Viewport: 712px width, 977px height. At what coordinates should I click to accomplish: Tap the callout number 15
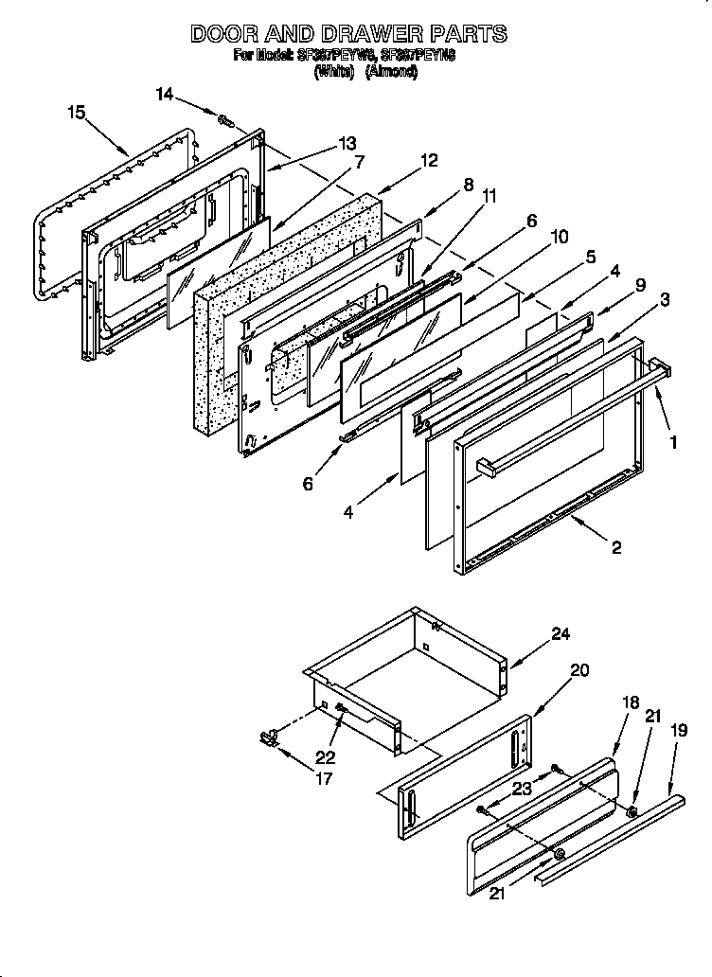pos(77,113)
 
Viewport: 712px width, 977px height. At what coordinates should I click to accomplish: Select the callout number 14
pos(165,94)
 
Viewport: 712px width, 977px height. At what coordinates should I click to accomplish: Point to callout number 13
pos(347,144)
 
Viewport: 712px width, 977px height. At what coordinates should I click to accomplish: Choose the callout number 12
pos(428,160)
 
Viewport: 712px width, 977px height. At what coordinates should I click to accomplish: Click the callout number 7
pos(359,162)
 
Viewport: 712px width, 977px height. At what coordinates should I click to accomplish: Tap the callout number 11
pos(489,196)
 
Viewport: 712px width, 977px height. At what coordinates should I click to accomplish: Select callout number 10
pos(560,237)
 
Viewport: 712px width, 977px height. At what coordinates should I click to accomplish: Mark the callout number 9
pos(640,282)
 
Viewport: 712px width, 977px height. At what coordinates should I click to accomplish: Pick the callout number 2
pos(616,547)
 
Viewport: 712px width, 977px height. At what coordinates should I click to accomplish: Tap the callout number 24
pos(561,634)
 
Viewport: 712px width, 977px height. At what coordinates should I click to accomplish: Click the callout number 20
pos(579,670)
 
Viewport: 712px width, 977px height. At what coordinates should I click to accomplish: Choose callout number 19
pos(678,730)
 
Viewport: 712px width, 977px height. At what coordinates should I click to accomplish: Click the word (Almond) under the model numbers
pos(391,72)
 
